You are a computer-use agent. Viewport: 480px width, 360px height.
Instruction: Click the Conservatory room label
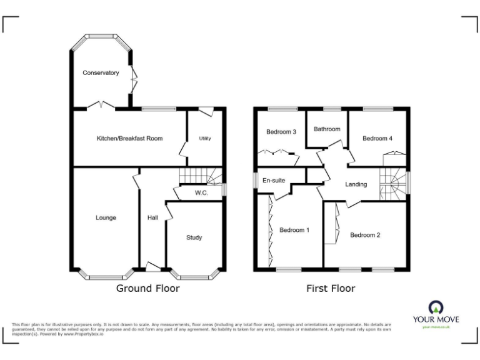[101, 73]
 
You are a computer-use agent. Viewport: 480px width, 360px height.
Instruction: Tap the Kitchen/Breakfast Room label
[129, 138]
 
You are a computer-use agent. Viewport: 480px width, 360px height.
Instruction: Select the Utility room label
[204, 138]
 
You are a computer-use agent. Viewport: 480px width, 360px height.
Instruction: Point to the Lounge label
[106, 217]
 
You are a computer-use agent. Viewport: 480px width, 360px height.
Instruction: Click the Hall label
[152, 217]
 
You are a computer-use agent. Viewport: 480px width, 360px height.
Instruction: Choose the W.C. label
[201, 193]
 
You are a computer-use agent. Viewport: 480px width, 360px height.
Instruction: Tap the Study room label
[194, 237]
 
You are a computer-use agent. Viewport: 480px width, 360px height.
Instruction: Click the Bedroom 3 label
[281, 132]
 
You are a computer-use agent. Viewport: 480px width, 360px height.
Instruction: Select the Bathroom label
[327, 129]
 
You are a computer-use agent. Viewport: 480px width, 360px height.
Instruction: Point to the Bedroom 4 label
[377, 138]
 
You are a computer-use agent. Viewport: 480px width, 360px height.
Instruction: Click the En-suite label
[274, 181]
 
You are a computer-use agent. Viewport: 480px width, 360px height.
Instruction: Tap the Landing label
[356, 184]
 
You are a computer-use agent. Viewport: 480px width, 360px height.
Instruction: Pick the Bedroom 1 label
[294, 230]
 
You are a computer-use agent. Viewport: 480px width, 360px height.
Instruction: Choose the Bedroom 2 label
[365, 235]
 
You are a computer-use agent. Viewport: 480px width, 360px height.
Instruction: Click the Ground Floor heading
[148, 288]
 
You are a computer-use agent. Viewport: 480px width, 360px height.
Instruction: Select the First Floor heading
[331, 288]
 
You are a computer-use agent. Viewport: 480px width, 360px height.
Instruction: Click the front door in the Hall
[152, 267]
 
